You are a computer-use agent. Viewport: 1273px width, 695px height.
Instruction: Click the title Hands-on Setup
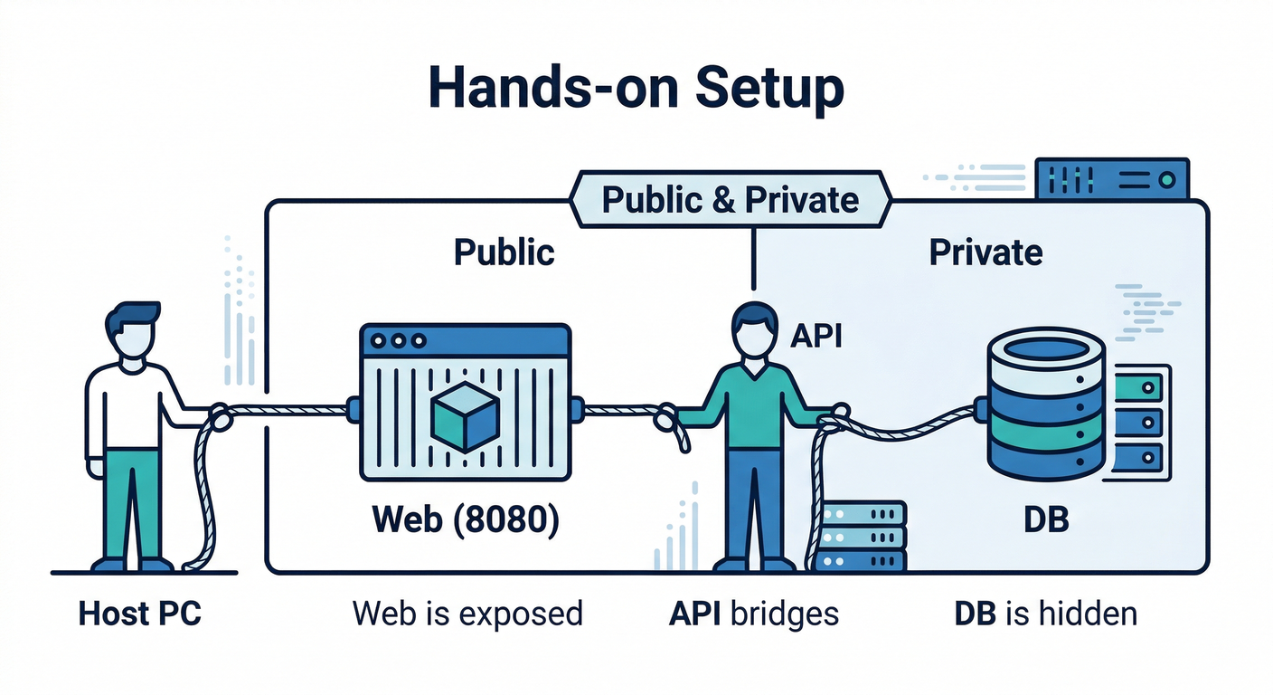tap(636, 89)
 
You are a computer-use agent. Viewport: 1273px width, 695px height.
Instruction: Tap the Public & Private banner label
tap(731, 199)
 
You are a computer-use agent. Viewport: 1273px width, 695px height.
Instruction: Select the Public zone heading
tap(504, 252)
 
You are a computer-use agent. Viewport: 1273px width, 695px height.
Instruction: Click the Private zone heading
tap(985, 252)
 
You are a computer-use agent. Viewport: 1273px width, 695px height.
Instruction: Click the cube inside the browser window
tap(465, 418)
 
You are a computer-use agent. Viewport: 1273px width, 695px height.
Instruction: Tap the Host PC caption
tap(140, 614)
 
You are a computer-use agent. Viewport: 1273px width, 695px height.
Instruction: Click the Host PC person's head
tap(132, 332)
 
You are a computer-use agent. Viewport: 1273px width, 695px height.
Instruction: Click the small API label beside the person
tap(816, 336)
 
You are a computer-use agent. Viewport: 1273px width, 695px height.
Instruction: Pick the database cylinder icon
tap(1046, 404)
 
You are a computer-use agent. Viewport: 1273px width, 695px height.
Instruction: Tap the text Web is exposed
tap(467, 614)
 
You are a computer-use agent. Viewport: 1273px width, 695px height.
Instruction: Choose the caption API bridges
tap(754, 614)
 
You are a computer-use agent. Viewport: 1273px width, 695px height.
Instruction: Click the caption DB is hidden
tap(1045, 614)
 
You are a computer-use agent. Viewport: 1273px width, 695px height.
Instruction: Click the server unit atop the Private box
tap(1113, 179)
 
